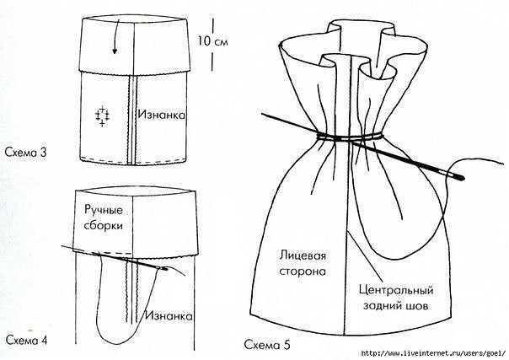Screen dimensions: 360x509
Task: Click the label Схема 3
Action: (x=28, y=152)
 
